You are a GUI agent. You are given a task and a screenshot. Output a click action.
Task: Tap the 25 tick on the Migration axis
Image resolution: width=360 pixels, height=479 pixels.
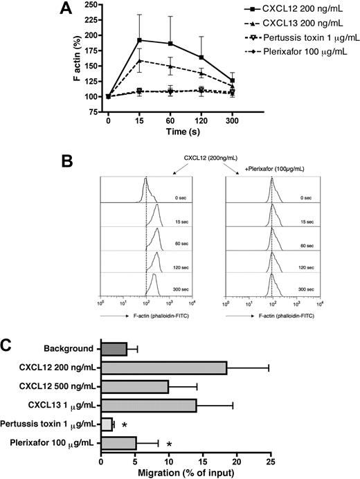[x=271, y=461]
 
